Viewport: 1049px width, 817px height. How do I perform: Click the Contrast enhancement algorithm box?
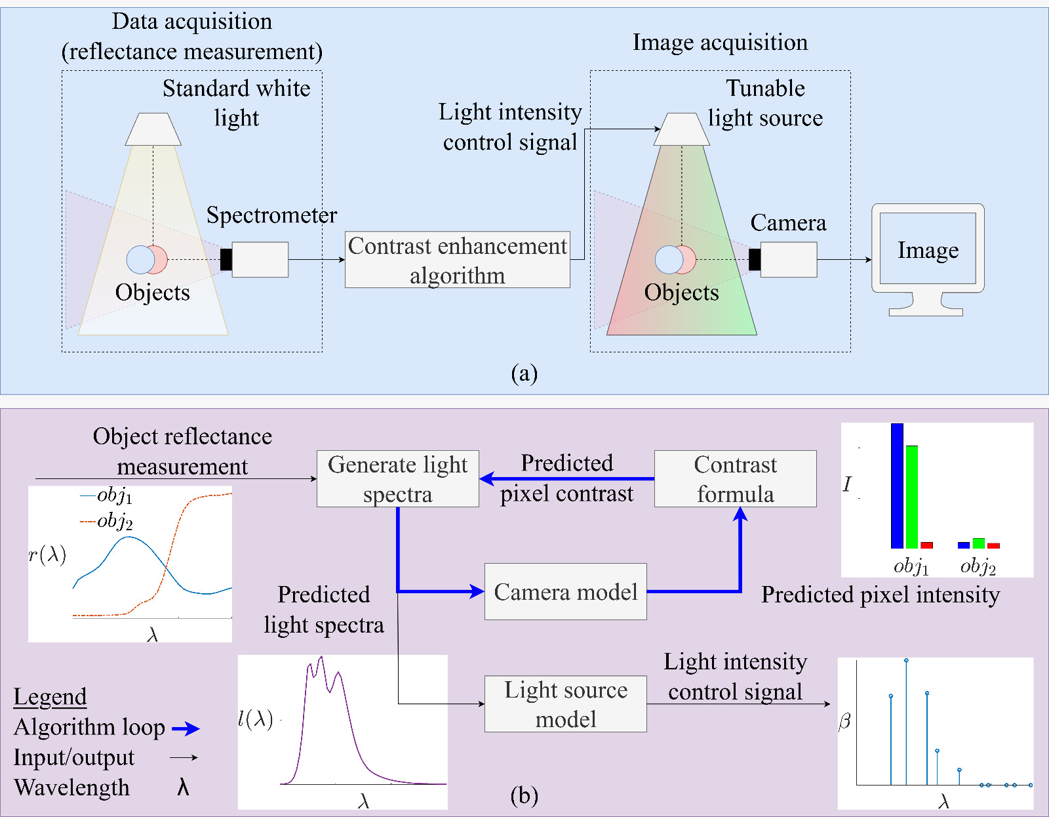(457, 260)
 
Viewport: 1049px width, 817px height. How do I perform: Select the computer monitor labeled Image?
(928, 250)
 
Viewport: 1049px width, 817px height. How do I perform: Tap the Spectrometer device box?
(260, 259)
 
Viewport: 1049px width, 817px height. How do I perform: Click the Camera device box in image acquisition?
(788, 259)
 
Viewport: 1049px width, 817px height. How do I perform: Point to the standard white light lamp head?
(153, 129)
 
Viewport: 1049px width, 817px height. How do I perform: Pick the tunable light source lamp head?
(681, 129)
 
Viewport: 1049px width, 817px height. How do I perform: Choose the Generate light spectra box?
(397, 478)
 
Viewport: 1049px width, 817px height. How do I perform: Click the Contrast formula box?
(735, 478)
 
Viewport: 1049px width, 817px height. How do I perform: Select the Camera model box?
(565, 591)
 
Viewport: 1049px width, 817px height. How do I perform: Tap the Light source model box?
(565, 704)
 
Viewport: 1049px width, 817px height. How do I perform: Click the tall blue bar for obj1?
(897, 486)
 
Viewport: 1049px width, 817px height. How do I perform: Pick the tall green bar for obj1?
(911, 497)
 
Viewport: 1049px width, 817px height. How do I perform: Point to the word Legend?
(50, 696)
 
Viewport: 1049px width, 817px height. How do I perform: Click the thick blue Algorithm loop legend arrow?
(186, 728)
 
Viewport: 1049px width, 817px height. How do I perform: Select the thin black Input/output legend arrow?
(184, 758)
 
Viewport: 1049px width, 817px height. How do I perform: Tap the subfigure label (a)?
(524, 373)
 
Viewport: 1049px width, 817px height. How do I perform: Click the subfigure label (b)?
(524, 795)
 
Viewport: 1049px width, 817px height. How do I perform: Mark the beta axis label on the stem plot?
(844, 722)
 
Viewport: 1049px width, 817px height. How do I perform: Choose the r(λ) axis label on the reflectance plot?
(47, 555)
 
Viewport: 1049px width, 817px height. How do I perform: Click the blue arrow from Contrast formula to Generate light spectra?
(567, 479)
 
